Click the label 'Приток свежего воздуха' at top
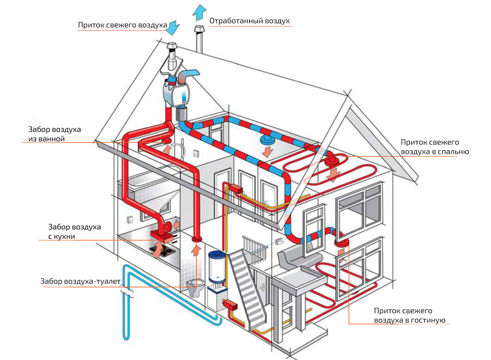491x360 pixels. (122, 25)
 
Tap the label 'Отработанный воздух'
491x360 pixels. (249, 21)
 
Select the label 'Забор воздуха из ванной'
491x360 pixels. (54, 134)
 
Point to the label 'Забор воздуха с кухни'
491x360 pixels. (74, 231)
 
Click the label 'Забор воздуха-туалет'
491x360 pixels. (81, 281)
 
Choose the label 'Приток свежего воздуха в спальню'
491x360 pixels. (434, 147)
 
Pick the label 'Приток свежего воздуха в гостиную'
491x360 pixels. (409, 315)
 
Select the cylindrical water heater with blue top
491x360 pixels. (217, 267)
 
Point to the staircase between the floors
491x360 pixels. (247, 288)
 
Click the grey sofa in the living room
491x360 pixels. (296, 259)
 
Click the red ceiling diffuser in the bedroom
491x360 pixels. (332, 161)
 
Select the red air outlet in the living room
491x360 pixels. (341, 243)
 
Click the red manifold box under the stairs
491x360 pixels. (230, 305)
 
